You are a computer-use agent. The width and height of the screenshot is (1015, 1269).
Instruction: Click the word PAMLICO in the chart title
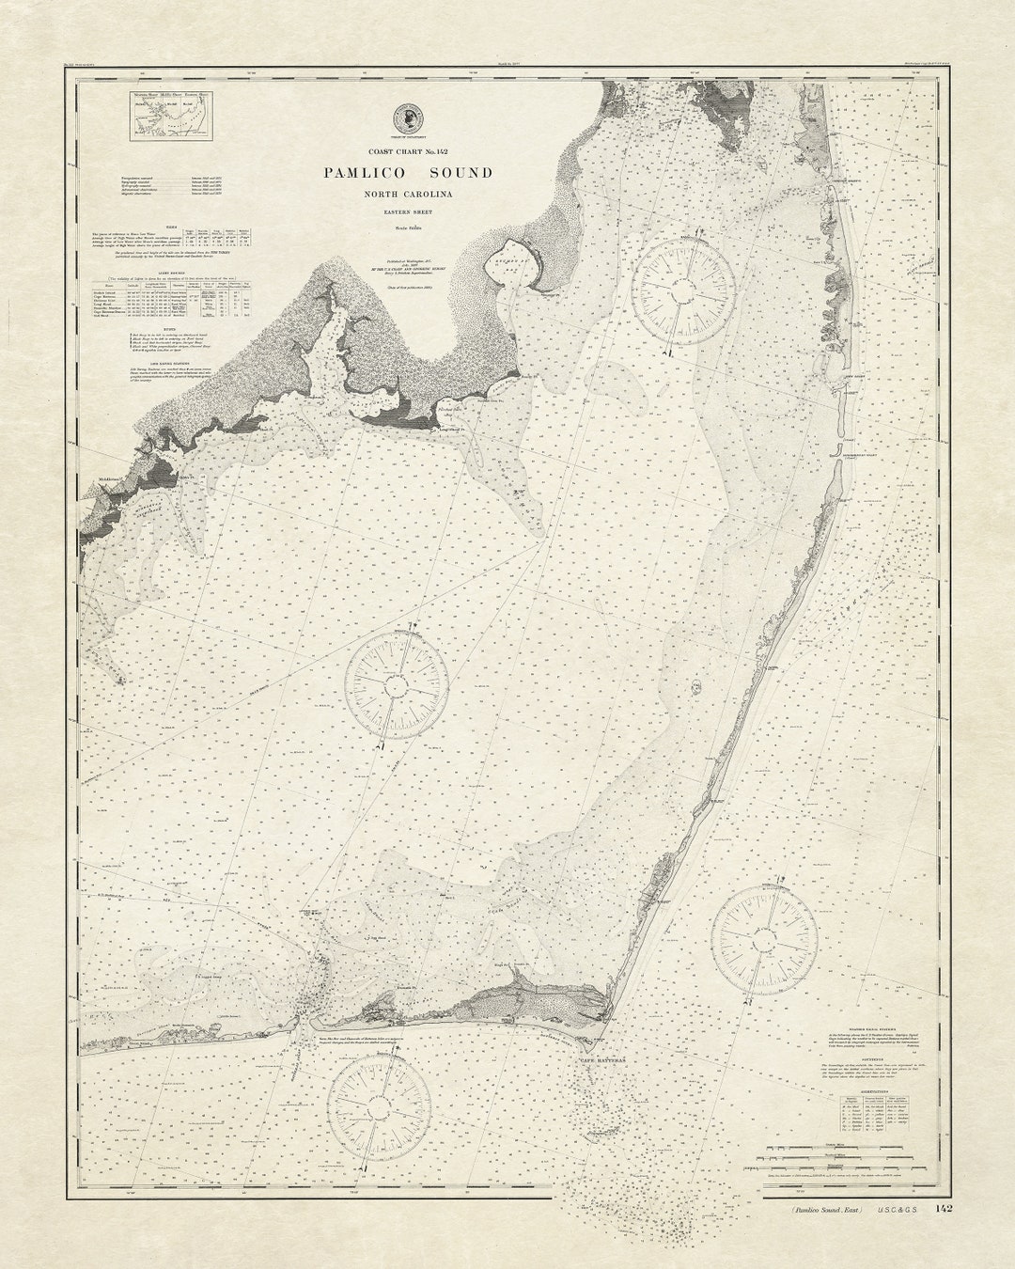click(365, 173)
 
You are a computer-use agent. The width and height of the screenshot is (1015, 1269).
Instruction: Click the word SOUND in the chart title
click(461, 173)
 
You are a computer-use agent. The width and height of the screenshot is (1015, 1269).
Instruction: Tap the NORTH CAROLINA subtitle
click(409, 195)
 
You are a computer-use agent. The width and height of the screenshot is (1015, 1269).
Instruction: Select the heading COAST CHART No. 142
click(409, 151)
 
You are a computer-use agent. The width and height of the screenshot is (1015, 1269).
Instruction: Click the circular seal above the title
click(409, 117)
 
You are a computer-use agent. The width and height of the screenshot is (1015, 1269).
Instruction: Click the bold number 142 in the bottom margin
click(943, 1208)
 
